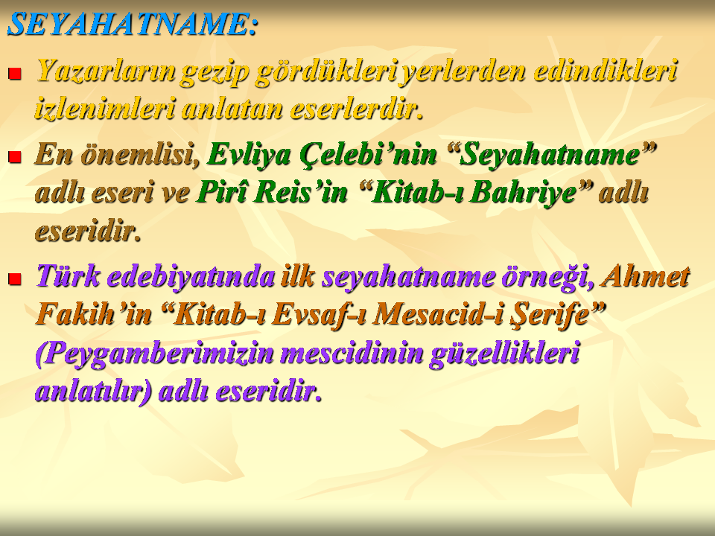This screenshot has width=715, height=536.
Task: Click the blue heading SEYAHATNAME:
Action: tap(133, 24)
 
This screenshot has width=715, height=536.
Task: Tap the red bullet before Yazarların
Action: tap(15, 74)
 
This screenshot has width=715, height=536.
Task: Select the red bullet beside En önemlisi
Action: tap(15, 157)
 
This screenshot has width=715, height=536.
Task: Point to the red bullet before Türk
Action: tap(15, 279)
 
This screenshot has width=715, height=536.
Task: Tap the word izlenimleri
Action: tap(105, 109)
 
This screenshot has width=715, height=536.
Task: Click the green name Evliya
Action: tap(249, 155)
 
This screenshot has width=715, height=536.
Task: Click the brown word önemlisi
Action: tap(141, 154)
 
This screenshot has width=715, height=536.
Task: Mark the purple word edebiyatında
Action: tap(191, 276)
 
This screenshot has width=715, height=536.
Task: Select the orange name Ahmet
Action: tap(645, 276)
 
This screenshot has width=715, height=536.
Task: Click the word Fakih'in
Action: tap(94, 314)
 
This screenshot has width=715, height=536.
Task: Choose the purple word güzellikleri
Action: tap(504, 354)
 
